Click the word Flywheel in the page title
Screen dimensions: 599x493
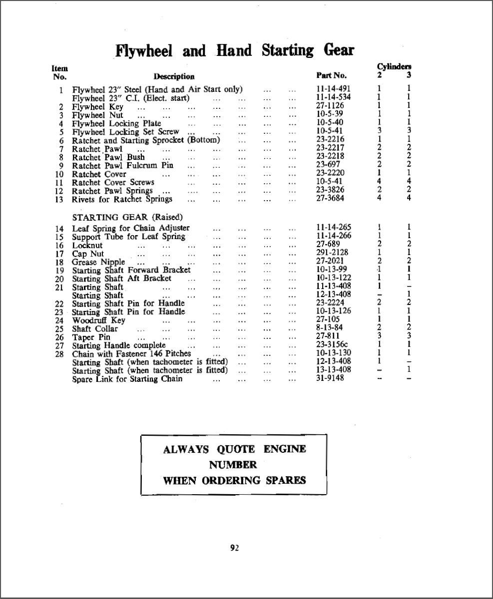pyautogui.click(x=144, y=51)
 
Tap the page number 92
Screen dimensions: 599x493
pyautogui.click(x=234, y=548)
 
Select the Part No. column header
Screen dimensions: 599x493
pyautogui.click(x=331, y=76)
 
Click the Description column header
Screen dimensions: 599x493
pyautogui.click(x=174, y=76)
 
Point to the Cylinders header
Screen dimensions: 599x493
pyautogui.click(x=394, y=66)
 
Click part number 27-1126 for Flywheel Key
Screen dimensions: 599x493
pyautogui.click(x=330, y=106)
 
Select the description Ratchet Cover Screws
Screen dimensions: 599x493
pyautogui.click(x=113, y=182)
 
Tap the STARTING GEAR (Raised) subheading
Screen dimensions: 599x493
pyautogui.click(x=127, y=217)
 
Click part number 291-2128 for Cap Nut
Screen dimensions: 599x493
pyautogui.click(x=332, y=253)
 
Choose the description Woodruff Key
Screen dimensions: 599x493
pyautogui.click(x=98, y=320)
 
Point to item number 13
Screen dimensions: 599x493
pyautogui.click(x=59, y=200)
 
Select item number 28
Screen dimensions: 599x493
pyautogui.click(x=59, y=354)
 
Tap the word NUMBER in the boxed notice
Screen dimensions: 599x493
pyautogui.click(x=233, y=465)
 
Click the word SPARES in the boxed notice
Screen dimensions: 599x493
pyautogui.click(x=286, y=481)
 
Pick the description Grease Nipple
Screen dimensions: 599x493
pyautogui.click(x=98, y=262)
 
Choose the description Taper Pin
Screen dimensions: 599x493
pyautogui.click(x=91, y=337)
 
